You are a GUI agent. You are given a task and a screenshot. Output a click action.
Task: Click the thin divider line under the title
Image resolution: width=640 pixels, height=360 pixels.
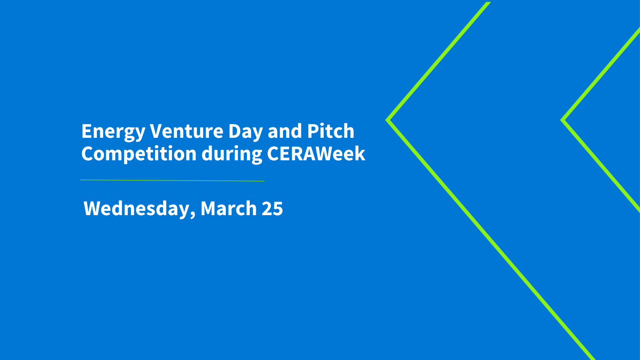point(172,180)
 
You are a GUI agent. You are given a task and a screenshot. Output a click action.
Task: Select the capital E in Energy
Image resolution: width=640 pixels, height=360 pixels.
point(86,131)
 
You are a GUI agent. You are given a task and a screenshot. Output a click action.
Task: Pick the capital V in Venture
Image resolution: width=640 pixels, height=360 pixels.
point(156,131)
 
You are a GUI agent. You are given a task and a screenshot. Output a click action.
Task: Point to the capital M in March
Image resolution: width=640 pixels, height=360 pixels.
point(208,209)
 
